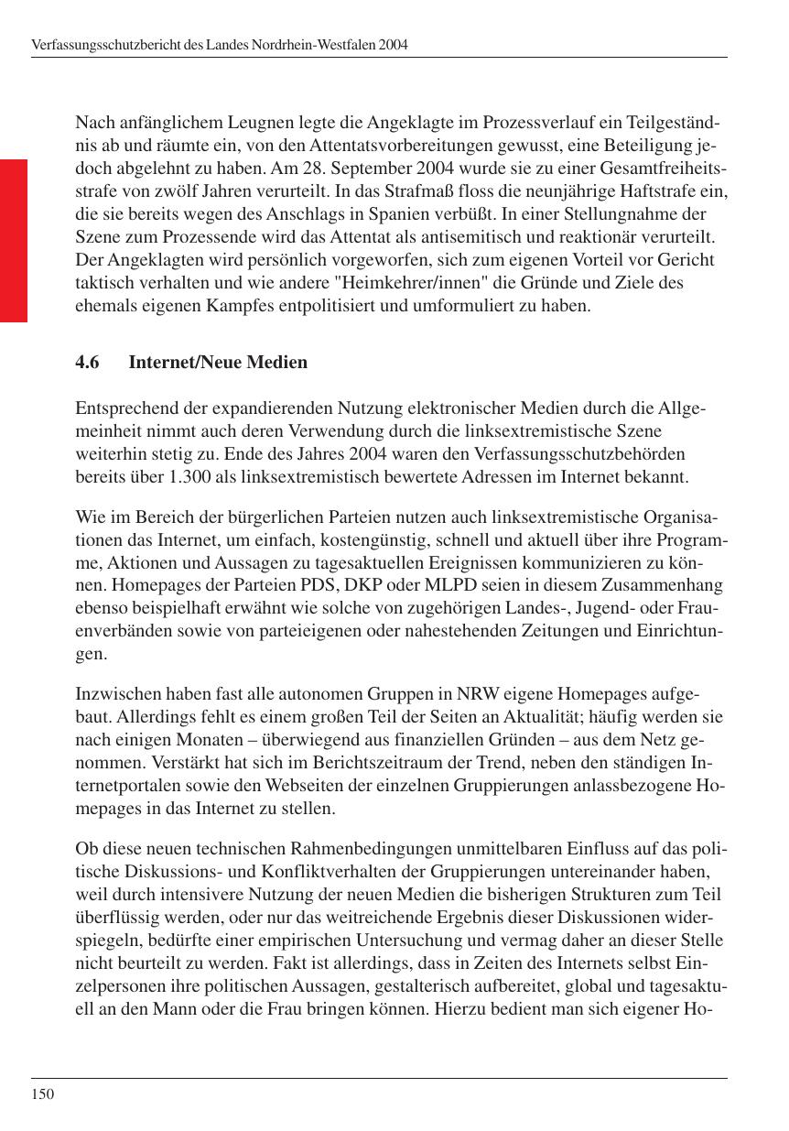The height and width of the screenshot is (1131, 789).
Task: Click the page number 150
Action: [x=42, y=1093]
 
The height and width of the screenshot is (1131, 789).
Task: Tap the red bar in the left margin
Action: [x=14, y=240]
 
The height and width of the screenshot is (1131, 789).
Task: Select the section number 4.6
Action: [x=87, y=363]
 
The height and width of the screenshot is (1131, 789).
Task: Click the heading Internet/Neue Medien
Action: [x=218, y=363]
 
